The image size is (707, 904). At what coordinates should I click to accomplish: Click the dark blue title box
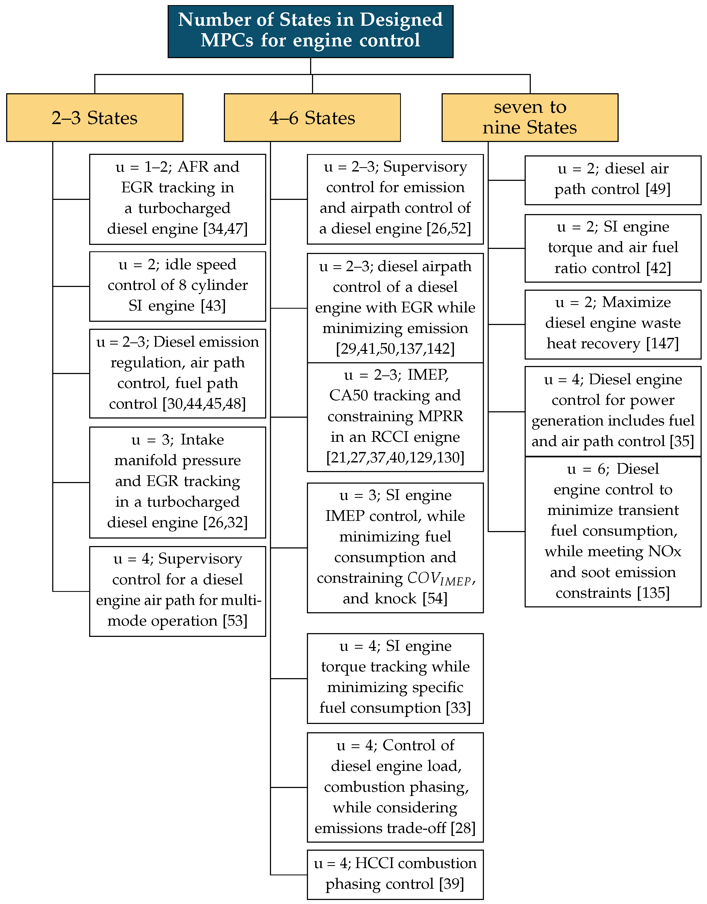pos(310,31)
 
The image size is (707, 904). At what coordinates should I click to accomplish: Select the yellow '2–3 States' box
pos(94,118)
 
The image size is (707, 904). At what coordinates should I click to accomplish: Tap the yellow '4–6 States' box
pos(312,118)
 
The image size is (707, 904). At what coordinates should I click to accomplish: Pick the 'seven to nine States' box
pos(530,118)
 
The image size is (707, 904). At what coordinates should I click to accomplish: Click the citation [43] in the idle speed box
pos(213,306)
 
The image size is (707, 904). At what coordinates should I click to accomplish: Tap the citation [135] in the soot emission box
pos(653,593)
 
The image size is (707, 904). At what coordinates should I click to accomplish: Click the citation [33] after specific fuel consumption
pos(458,708)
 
